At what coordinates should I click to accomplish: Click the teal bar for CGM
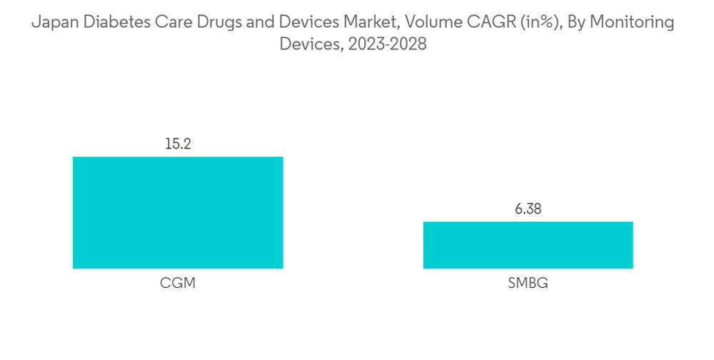178,213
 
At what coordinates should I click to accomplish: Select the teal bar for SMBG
528,245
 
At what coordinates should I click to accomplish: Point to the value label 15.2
178,144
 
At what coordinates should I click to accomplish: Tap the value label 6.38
528,209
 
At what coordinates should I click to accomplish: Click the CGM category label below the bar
178,284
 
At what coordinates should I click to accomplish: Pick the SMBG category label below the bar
528,284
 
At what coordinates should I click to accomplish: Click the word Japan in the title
54,23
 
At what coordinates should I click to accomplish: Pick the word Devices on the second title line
308,44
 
